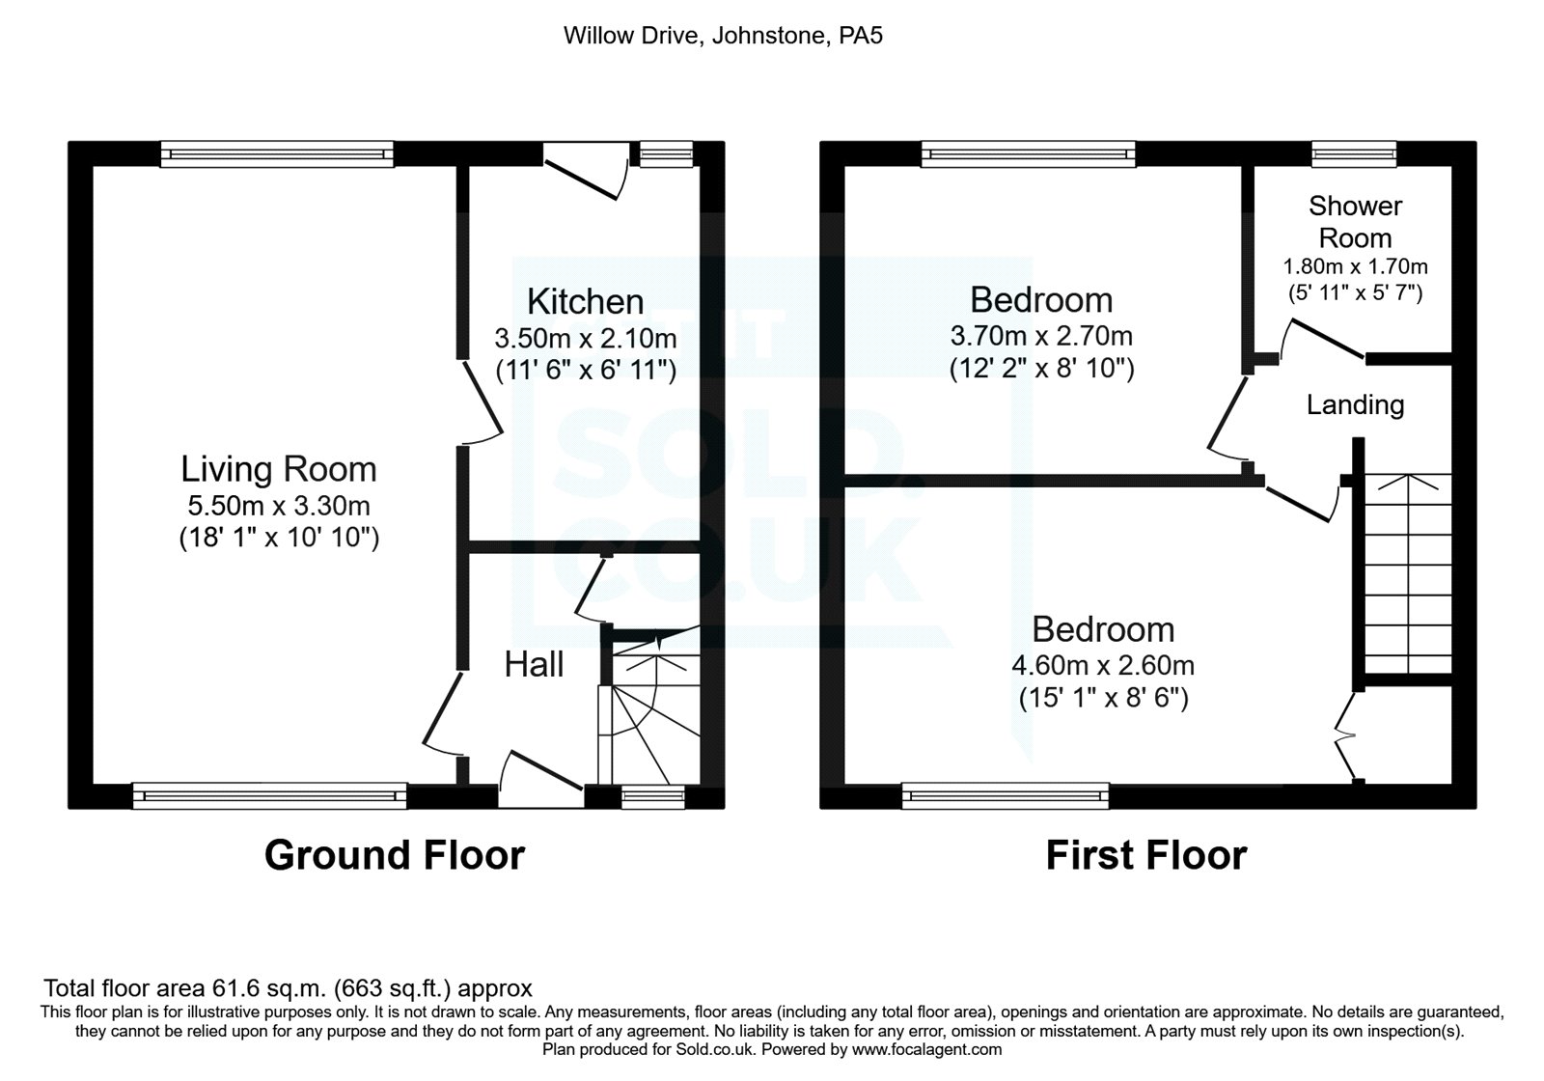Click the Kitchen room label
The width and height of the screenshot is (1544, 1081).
[585, 301]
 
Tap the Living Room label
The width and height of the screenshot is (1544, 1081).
[279, 469]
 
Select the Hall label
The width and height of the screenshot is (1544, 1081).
[534, 664]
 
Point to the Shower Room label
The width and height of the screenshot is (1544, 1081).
[1355, 221]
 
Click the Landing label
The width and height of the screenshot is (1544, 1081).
[1355, 404]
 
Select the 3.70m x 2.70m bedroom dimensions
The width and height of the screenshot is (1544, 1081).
[1041, 336]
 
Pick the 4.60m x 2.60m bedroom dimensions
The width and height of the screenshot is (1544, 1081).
[1103, 665]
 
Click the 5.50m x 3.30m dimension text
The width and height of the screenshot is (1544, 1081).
[279, 505]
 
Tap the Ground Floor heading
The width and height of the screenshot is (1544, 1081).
[394, 855]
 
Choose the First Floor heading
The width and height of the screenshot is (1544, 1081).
[1145, 855]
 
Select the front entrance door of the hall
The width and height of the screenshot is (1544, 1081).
[540, 772]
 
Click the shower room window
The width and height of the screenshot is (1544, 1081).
[1354, 152]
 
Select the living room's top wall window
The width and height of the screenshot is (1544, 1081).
[277, 152]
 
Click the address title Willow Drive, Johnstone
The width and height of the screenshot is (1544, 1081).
[723, 37]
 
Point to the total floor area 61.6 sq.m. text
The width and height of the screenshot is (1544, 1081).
[288, 988]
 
